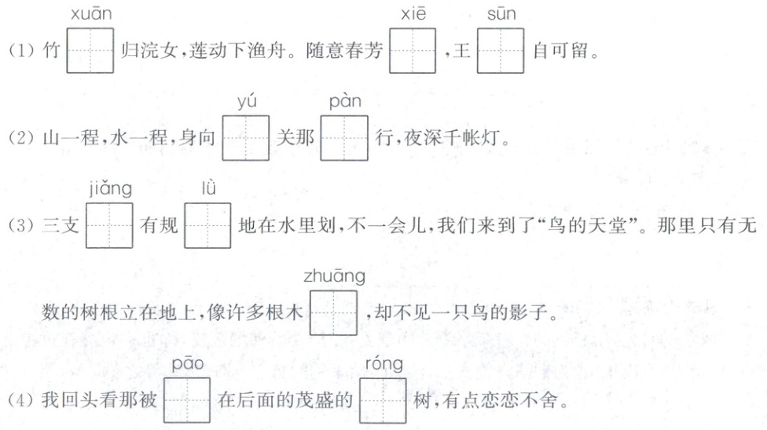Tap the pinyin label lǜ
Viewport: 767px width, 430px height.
pos(208,190)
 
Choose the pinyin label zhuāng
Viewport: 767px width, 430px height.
pos(334,277)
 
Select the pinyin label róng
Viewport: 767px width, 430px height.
pos(383,364)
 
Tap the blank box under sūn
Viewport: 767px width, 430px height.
pos(501,51)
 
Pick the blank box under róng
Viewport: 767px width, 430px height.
pos(383,401)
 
